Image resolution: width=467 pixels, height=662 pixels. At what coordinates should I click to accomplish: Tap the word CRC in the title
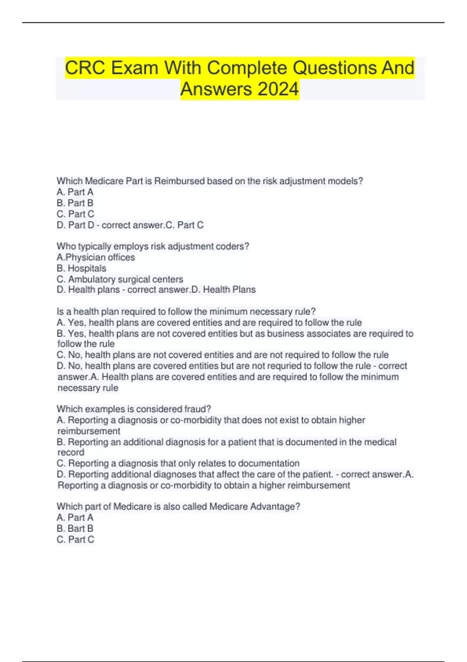84,68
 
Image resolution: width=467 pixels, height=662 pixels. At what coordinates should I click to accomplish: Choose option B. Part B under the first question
75,203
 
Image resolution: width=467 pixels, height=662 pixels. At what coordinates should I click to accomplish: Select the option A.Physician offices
96,257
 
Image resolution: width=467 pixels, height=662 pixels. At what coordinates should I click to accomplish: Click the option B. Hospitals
81,268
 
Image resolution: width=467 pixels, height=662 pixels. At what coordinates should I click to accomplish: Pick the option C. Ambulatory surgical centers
120,279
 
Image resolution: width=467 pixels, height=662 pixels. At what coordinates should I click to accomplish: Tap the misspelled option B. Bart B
75,528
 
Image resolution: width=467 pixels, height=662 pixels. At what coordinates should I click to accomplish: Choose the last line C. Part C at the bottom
75,539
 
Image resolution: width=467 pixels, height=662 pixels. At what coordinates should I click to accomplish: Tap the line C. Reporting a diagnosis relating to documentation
178,463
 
